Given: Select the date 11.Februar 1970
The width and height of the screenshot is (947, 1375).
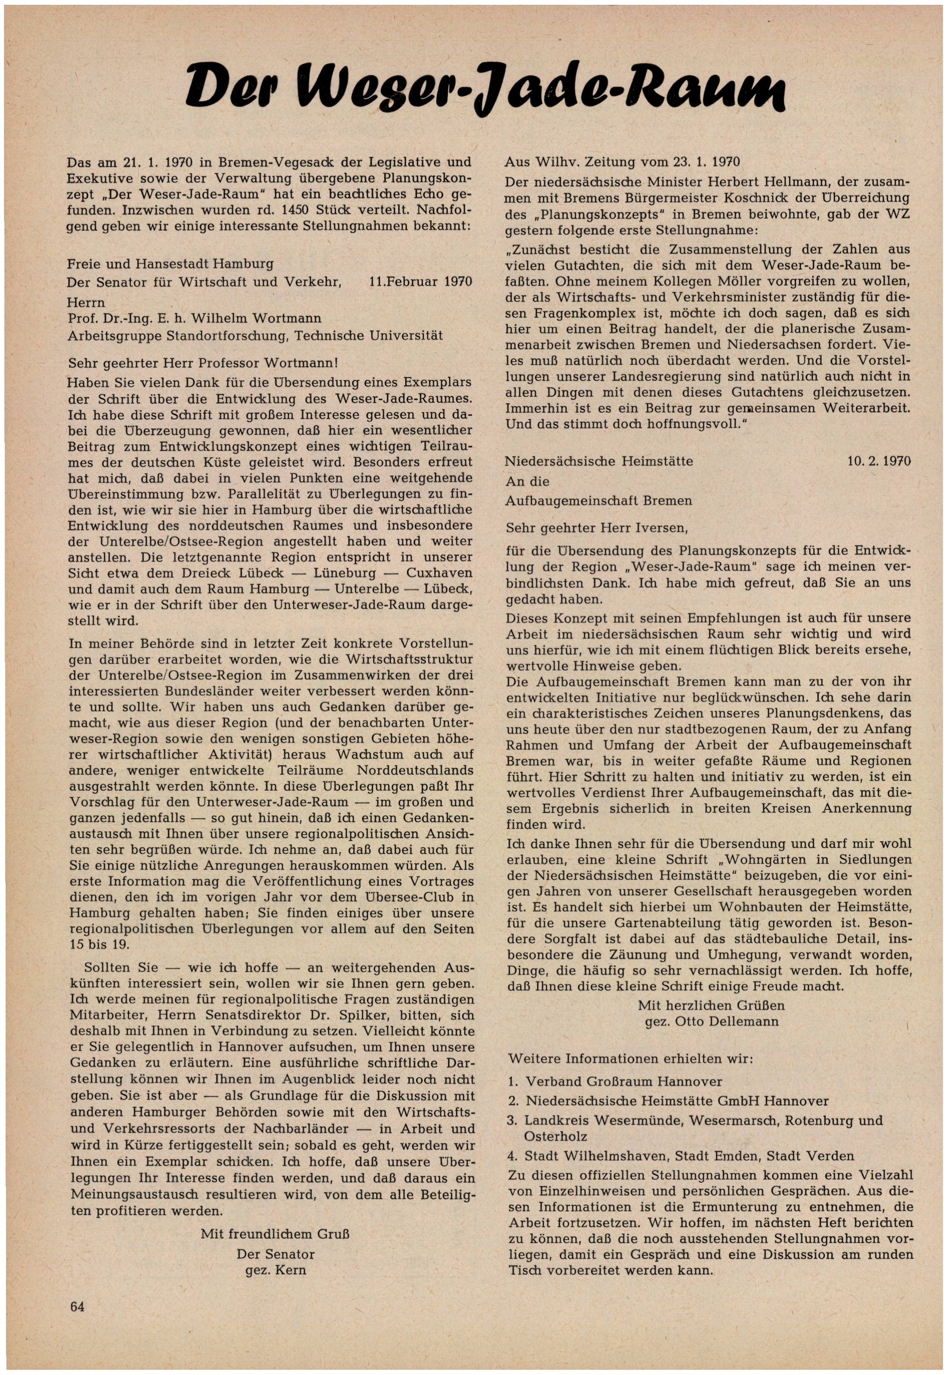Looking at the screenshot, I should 420,282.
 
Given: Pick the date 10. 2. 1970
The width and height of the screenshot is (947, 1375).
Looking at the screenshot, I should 879,461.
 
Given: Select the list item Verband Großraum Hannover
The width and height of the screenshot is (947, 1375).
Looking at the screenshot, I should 624,1082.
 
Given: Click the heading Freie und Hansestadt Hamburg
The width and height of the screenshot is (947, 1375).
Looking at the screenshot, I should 170,263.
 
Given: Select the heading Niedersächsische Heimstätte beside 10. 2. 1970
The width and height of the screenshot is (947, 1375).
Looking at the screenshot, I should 599,461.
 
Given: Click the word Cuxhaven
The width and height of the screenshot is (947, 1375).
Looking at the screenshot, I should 439,574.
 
